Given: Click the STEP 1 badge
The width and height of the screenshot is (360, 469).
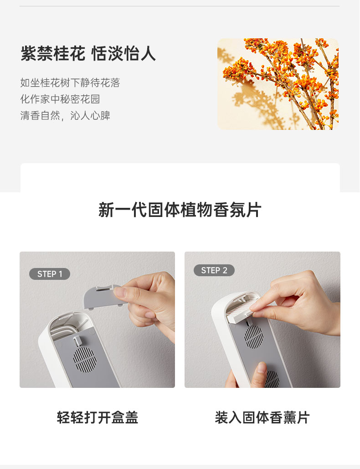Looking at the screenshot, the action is (50, 273).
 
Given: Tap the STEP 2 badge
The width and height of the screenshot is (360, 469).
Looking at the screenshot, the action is (214, 270).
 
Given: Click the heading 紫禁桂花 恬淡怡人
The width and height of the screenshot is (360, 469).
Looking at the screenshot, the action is (88, 53).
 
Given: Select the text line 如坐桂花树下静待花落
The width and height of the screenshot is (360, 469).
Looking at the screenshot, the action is (70, 82).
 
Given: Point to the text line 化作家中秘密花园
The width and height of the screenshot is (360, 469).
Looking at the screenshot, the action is (60, 99).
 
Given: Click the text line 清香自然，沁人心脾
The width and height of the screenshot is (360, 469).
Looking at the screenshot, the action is (65, 115).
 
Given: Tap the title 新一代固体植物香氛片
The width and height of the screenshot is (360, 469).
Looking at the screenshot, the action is (180, 210).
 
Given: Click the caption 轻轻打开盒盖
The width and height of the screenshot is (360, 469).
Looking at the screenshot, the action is (98, 417).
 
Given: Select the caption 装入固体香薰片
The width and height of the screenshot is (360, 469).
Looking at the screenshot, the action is (262, 417).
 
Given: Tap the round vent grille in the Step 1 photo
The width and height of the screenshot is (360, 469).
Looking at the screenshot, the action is (85, 359).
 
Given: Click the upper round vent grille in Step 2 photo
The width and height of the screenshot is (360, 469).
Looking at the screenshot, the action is (254, 336).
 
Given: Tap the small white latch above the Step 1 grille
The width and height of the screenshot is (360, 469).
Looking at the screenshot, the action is (77, 340).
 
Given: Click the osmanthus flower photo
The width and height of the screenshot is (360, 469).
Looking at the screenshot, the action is (278, 84).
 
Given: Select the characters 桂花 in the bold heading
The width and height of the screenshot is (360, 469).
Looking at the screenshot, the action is (69, 53).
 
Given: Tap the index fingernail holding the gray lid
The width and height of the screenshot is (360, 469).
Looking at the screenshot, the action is (120, 292).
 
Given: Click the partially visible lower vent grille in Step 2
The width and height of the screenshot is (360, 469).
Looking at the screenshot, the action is (272, 379).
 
